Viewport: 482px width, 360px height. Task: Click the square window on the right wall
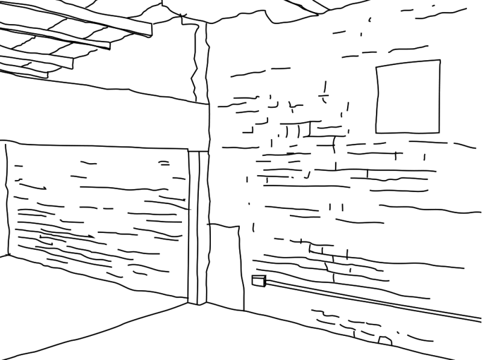point(408,96)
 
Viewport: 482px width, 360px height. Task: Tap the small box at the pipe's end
point(258,280)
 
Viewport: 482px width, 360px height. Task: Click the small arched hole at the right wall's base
point(386,341)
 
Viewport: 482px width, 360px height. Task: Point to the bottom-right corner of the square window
point(438,132)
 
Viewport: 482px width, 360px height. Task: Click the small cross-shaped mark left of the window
point(324,95)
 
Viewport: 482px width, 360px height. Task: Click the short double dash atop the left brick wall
point(164,163)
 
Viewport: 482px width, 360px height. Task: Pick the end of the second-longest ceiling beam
point(108,45)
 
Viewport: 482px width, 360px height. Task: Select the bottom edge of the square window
point(408,132)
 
